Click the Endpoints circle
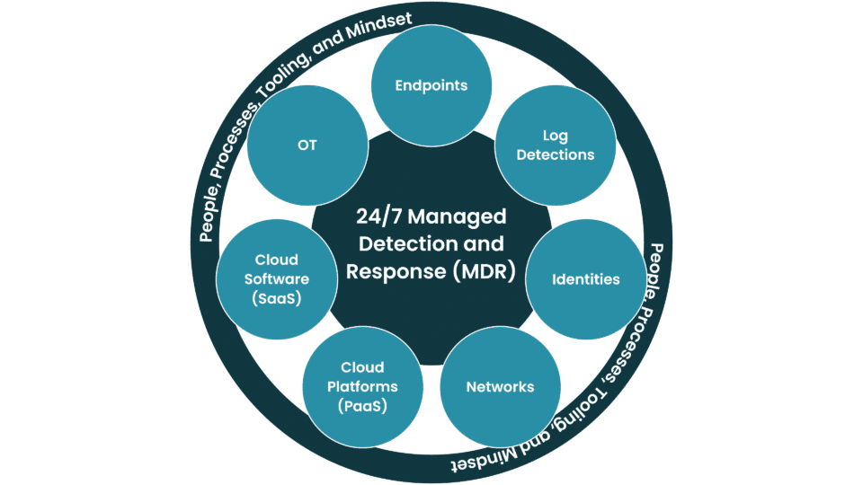click(431, 86)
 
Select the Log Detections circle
click(556, 145)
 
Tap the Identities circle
click(585, 279)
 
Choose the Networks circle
click(500, 387)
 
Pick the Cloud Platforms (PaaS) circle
click(362, 387)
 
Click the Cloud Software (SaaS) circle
click(277, 279)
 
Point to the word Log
click(556, 137)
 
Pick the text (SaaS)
click(277, 298)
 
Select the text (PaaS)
click(362, 406)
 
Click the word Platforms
click(362, 387)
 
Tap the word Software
click(277, 279)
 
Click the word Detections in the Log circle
click(556, 155)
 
